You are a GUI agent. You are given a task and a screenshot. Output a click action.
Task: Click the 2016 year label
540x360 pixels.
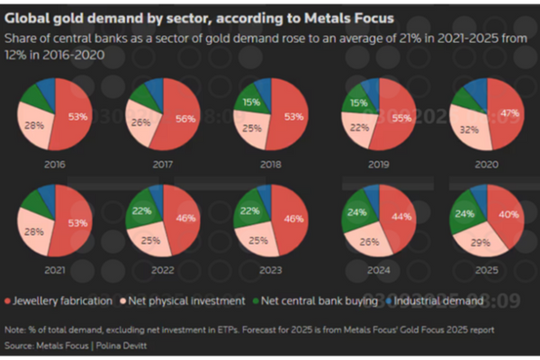tap(54, 166)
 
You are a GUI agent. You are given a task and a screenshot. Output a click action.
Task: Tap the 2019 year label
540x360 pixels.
tap(382, 166)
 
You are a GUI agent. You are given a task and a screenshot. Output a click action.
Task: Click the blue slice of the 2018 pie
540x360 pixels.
tap(263, 87)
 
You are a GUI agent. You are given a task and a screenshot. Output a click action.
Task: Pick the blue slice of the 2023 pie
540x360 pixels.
tap(264, 193)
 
